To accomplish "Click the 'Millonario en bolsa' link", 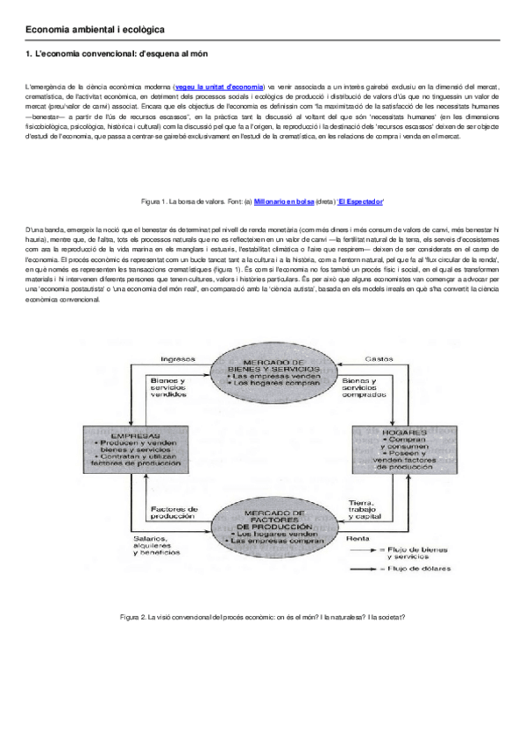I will [283, 202].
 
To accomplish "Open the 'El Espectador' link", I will [360, 202].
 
